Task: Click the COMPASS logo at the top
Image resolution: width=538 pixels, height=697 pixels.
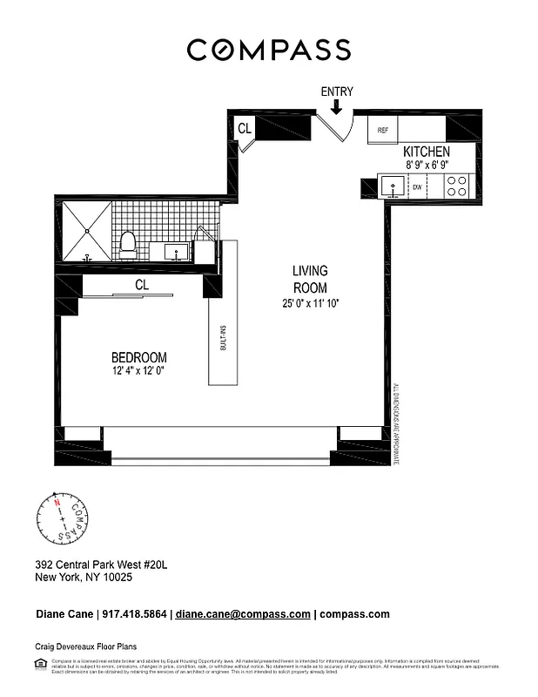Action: [x=269, y=50]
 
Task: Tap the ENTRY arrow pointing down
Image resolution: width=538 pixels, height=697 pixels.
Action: [x=337, y=106]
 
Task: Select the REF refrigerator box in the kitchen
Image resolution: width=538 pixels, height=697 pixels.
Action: [x=382, y=130]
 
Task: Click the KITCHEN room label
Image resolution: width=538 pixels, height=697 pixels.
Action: [x=426, y=152]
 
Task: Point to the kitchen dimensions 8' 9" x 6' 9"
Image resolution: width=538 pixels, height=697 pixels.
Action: [x=426, y=164]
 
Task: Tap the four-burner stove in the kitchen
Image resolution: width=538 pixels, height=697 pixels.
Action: [x=457, y=186]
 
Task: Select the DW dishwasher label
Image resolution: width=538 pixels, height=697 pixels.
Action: [x=417, y=186]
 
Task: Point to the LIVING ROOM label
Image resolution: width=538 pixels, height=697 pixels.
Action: [x=310, y=280]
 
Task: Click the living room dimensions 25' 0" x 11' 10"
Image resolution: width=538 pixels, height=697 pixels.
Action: [x=309, y=303]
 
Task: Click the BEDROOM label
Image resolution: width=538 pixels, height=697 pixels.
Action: [x=138, y=357]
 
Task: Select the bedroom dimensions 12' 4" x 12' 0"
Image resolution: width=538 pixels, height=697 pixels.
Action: [x=138, y=371]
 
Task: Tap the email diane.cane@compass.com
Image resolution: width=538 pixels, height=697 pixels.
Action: [x=243, y=613]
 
